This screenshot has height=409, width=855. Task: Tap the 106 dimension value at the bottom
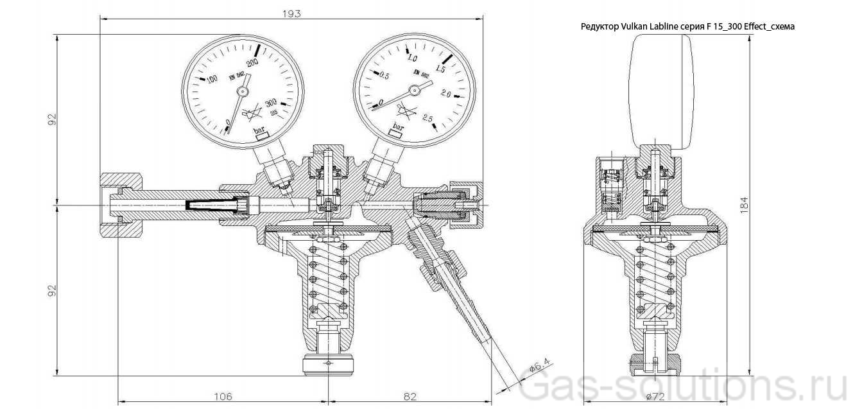coord(222,396)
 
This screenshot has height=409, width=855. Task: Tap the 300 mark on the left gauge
coord(270,102)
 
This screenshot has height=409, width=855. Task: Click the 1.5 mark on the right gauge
coord(441,68)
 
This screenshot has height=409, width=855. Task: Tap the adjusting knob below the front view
coord(328,365)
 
